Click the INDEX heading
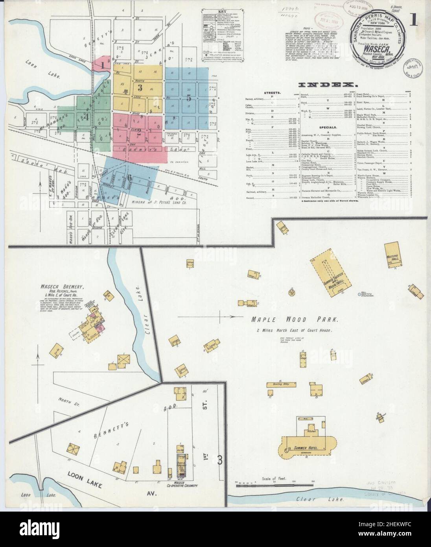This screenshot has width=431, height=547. (328, 85)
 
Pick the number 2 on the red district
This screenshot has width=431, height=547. (138, 133)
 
